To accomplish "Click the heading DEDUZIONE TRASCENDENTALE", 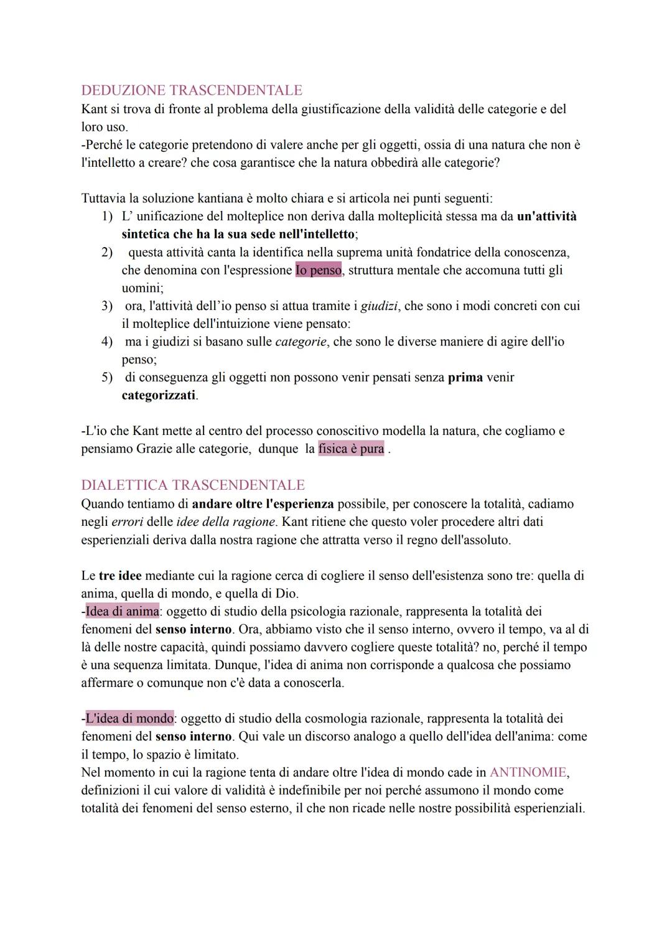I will pyautogui.click(x=192, y=90).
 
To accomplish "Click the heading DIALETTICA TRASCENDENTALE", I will pyautogui.click(x=193, y=485).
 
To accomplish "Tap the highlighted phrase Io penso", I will pyautogui.click(x=319, y=271).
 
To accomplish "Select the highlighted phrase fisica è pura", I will pyautogui.click(x=351, y=449).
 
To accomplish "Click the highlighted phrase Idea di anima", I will pyautogui.click(x=122, y=612).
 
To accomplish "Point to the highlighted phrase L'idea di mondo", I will pyautogui.click(x=129, y=719).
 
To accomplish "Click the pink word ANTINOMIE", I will pyautogui.click(x=528, y=772).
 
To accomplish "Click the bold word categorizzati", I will pyautogui.click(x=159, y=396).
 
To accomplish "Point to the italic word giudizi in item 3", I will pyautogui.click(x=379, y=306).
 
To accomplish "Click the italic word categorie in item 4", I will pyautogui.click(x=301, y=342).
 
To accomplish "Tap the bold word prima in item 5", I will pyautogui.click(x=465, y=378).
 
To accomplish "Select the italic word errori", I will pyautogui.click(x=127, y=522).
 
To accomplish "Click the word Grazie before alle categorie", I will pyautogui.click(x=155, y=449).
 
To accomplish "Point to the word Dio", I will pyautogui.click(x=286, y=594).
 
